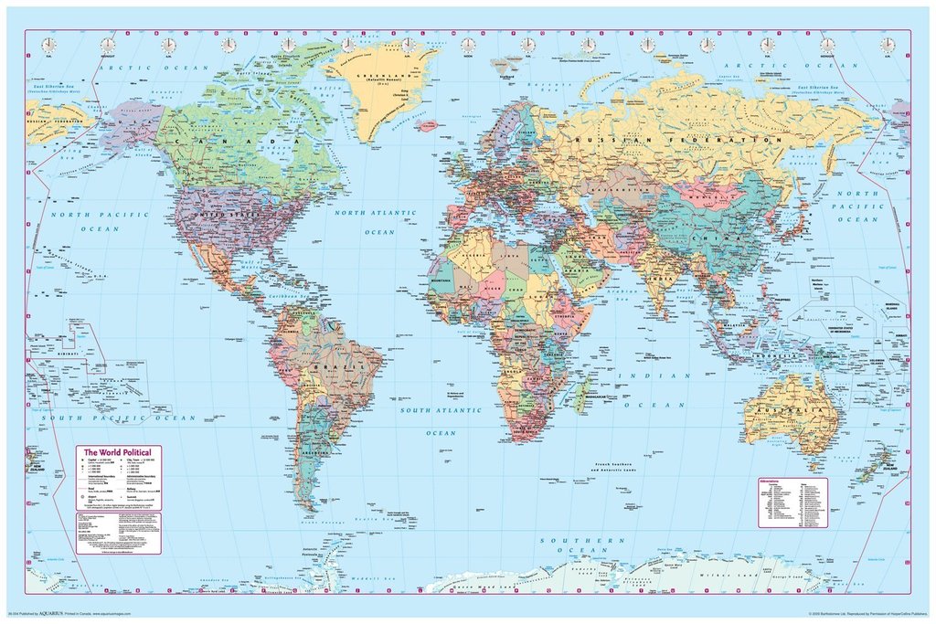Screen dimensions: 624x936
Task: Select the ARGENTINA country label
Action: (316, 450)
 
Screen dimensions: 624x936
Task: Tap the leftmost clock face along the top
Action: (48, 45)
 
